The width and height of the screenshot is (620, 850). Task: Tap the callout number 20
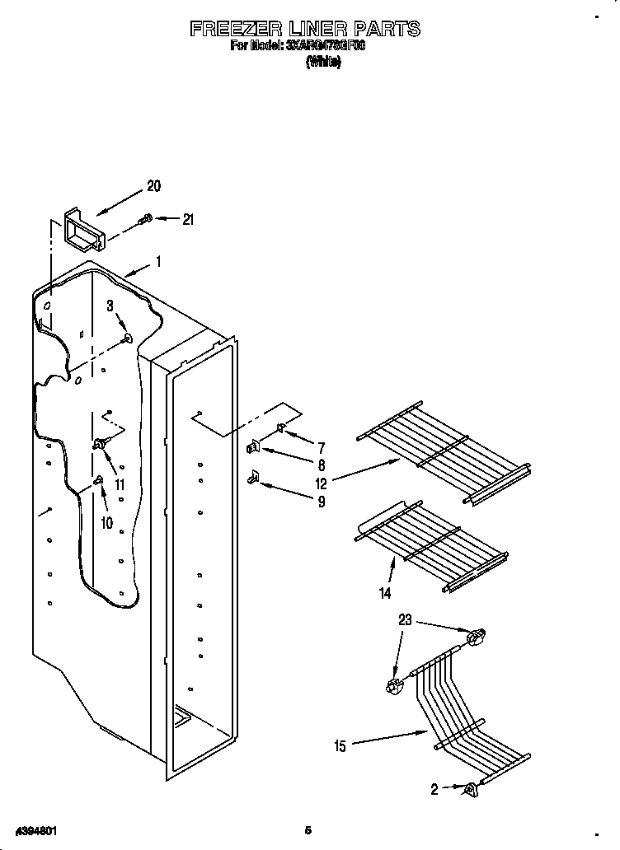click(153, 186)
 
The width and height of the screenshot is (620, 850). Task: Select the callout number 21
click(188, 219)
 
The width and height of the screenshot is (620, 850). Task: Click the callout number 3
click(110, 306)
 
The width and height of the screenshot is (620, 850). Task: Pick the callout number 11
click(120, 484)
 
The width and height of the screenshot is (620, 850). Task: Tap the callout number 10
click(106, 522)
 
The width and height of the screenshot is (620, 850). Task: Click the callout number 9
click(321, 501)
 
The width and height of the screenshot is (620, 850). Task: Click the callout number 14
click(385, 592)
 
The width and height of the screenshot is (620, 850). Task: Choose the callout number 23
click(404, 621)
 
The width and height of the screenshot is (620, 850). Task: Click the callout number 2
click(434, 788)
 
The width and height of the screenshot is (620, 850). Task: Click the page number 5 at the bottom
click(308, 829)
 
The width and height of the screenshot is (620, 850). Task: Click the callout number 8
click(321, 465)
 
